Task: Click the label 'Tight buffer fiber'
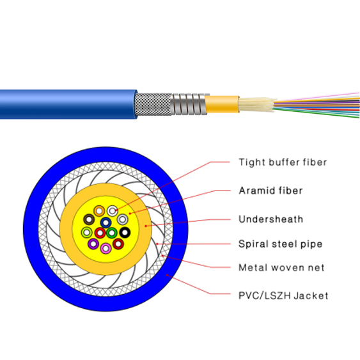pyautogui.click(x=282, y=162)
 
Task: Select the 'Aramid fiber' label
pyautogui.click(x=270, y=191)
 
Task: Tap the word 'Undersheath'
pyautogui.click(x=270, y=219)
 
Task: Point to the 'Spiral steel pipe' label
pyautogui.click(x=280, y=244)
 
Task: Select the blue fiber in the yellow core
pyautogui.click(x=106, y=223)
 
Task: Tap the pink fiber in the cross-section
pyautogui.click(x=106, y=247)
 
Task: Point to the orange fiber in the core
pyautogui.click(x=98, y=211)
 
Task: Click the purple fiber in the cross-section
pyautogui.click(x=93, y=244)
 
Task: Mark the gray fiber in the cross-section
pyautogui.click(x=122, y=220)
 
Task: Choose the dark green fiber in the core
pyautogui.click(x=112, y=232)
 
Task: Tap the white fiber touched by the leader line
pyautogui.click(x=113, y=210)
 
